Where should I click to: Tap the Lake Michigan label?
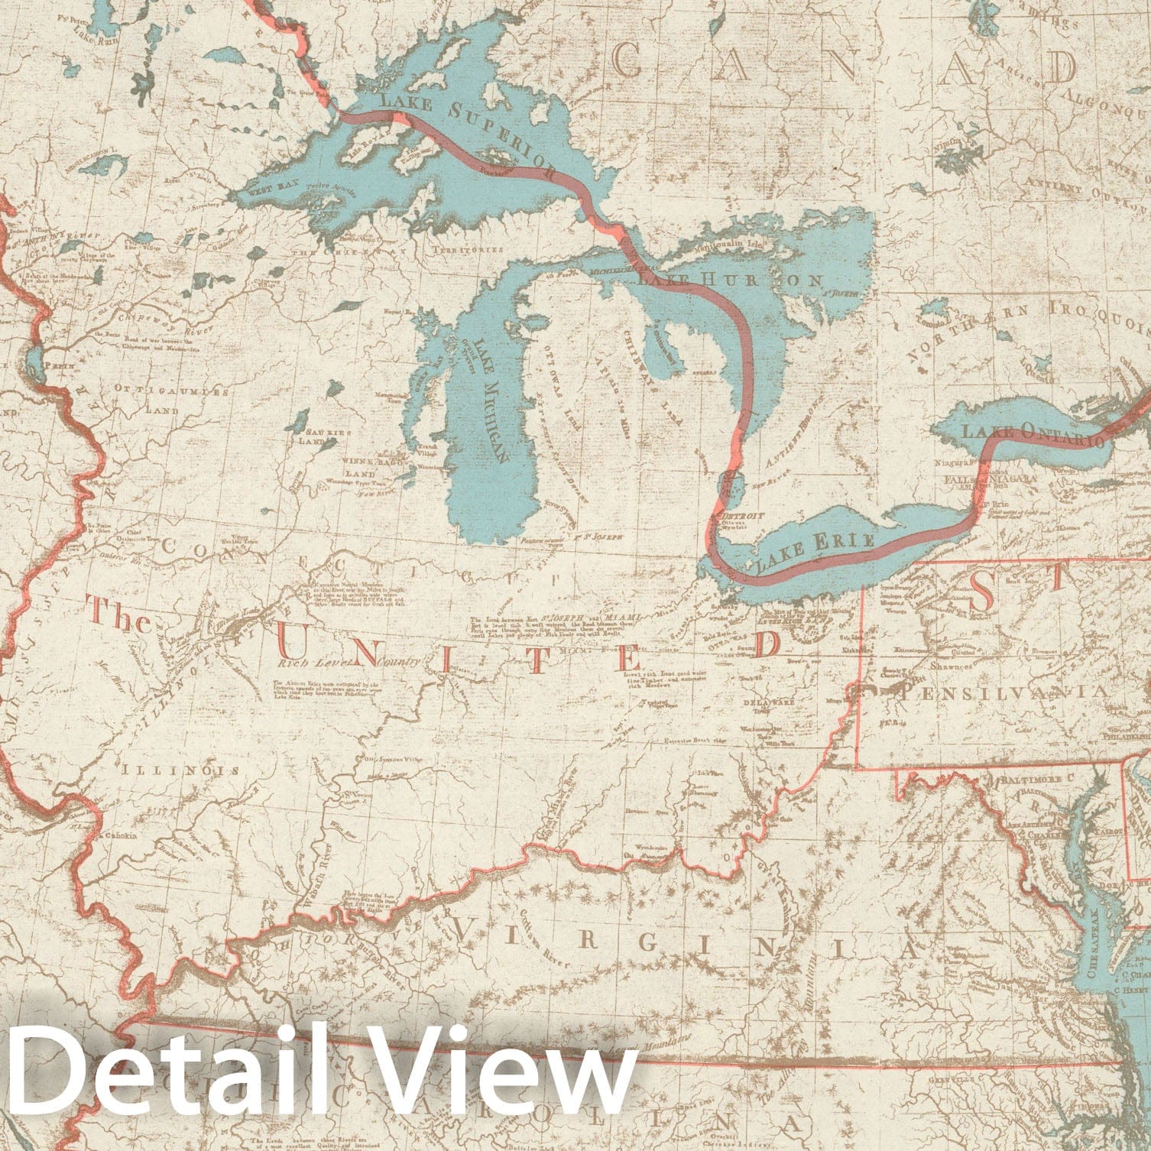tap(490, 401)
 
